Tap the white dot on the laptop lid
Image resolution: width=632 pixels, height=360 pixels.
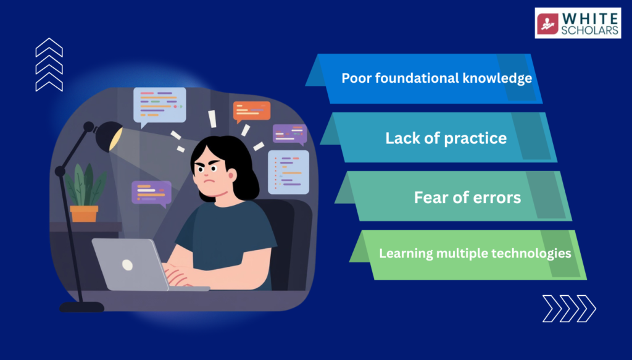(x=127, y=265)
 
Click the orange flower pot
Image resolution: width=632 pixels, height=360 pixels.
(x=84, y=214)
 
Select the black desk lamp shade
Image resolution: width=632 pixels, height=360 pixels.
(x=109, y=136)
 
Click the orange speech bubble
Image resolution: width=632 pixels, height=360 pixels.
(x=252, y=112)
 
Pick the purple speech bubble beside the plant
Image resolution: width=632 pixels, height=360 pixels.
(x=152, y=193)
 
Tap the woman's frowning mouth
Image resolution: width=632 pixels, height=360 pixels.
(x=209, y=180)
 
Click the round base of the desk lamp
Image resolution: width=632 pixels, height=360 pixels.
(x=82, y=307)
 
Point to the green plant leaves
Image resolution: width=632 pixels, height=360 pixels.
(x=85, y=185)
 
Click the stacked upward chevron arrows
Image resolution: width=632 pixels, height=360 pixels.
(x=49, y=65)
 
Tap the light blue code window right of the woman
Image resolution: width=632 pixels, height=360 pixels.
(x=288, y=172)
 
